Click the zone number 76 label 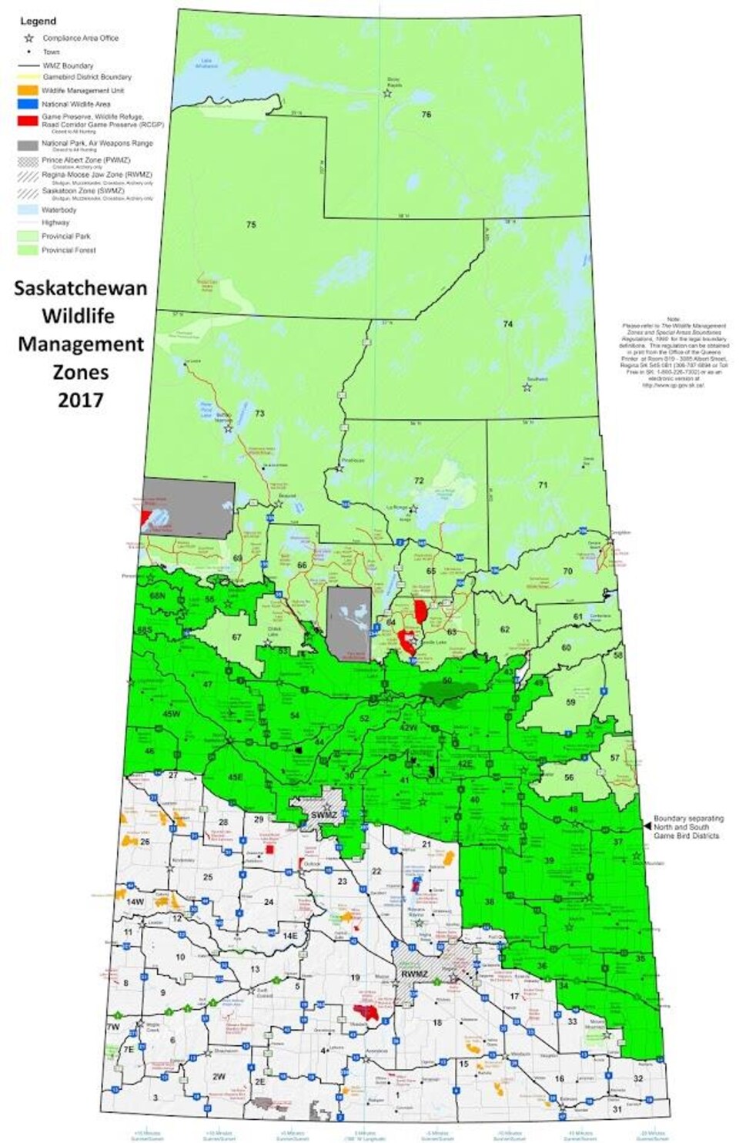click(426, 114)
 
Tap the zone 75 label click(251, 225)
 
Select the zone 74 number click(507, 324)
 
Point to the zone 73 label click(259, 414)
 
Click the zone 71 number click(543, 485)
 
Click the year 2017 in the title click(80, 400)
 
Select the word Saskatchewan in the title click(80, 288)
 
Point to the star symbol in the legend click(28, 38)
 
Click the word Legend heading click(38, 21)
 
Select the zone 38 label click(489, 901)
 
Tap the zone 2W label click(219, 1076)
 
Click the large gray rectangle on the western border click(189, 509)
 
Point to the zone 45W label click(171, 713)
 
